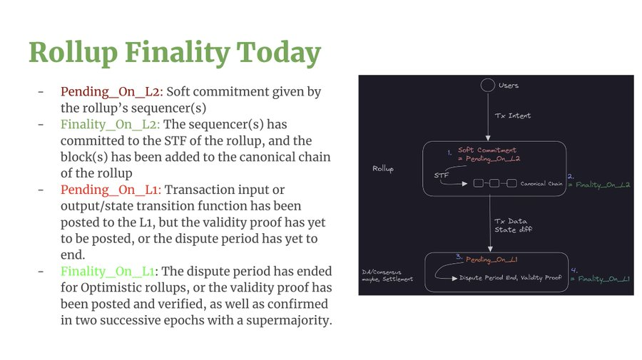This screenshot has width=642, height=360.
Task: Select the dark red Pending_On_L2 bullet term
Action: coord(112,92)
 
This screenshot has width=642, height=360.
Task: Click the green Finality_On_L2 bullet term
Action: coord(110,124)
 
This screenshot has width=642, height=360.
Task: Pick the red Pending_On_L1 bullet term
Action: coord(111,190)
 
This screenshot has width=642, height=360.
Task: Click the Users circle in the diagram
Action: coord(488,85)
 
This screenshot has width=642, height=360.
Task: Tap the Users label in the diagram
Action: coord(509,85)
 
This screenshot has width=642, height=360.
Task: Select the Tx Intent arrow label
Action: coord(513,115)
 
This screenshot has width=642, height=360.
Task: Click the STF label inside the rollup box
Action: coord(442,175)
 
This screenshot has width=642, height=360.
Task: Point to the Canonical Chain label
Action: coord(541,184)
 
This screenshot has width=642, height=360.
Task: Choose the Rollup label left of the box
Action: coord(383,168)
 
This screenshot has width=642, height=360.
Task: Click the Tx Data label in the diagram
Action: coord(511,221)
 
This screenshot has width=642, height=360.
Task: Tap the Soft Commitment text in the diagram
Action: coord(486,150)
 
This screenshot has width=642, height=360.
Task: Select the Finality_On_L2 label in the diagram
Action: coord(603,185)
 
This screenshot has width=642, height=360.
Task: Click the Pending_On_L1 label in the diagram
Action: coord(491,259)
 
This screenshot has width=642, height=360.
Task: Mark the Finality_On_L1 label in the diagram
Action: coord(603,279)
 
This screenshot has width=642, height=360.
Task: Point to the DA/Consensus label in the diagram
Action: coord(382,272)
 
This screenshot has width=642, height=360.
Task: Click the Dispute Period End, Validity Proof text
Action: coord(510,278)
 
